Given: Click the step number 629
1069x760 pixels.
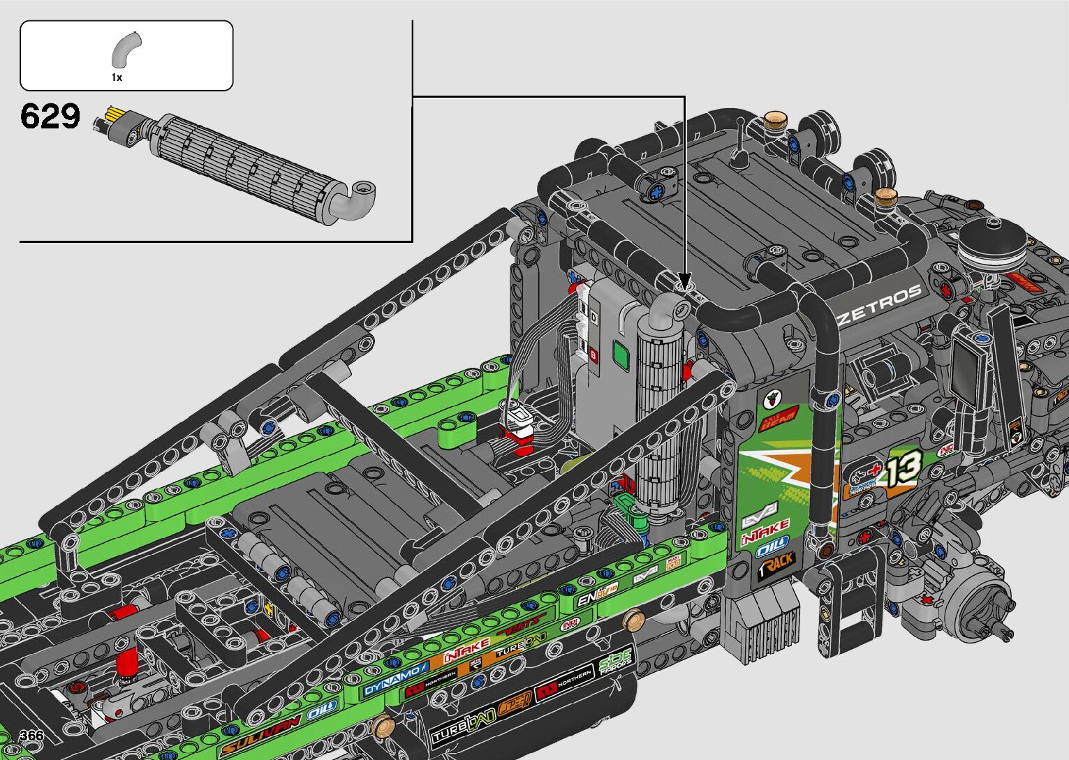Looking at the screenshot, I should [50, 116].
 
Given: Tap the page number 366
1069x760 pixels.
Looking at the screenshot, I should [32, 736].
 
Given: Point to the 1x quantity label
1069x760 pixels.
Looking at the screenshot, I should [117, 77].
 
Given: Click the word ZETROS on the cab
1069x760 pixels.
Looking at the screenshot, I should [880, 304].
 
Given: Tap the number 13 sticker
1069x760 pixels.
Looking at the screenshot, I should [906, 469].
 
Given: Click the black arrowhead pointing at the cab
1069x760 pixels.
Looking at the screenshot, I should [684, 281].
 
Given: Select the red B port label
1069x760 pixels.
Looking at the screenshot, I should [594, 355].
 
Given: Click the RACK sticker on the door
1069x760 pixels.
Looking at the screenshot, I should [776, 564].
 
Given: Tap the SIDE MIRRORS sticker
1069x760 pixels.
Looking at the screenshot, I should [615, 661].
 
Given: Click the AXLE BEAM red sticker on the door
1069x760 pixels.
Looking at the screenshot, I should [778, 417].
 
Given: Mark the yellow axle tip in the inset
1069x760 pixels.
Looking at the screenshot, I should [112, 114].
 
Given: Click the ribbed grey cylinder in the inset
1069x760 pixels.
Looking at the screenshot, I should [244, 166].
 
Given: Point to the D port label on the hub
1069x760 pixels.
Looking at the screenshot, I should [594, 318].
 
